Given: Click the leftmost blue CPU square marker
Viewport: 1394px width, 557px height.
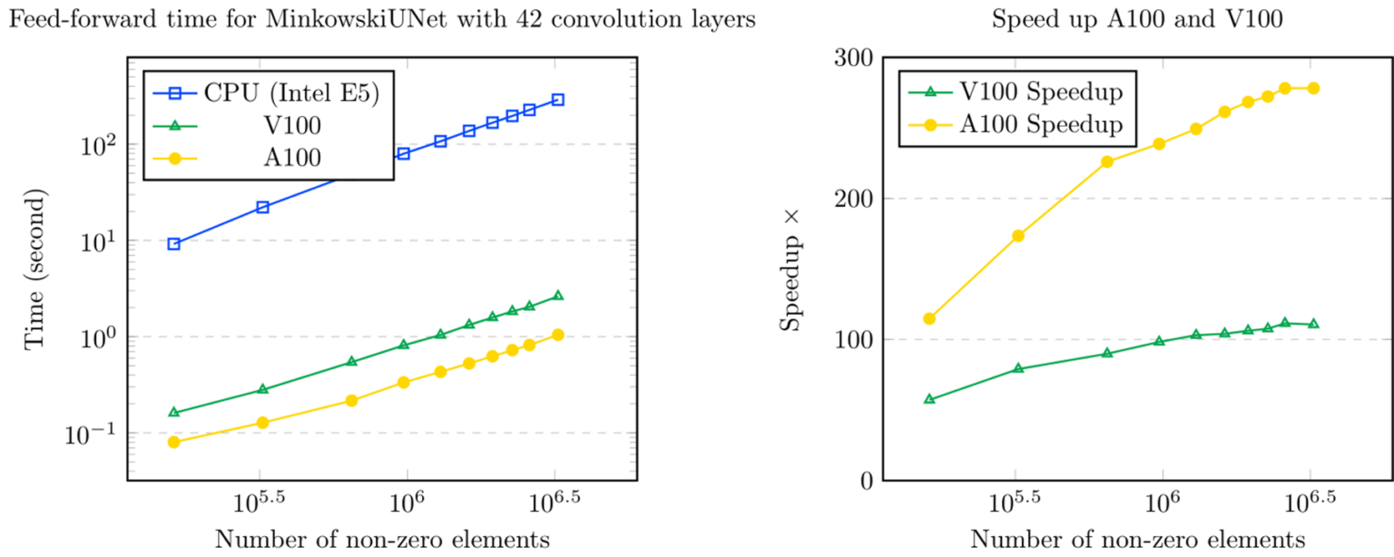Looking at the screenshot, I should coord(173,244).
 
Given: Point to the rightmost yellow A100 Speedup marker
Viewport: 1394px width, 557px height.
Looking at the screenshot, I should coord(1312,88).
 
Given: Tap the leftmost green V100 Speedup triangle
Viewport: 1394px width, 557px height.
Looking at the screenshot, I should coord(929,399).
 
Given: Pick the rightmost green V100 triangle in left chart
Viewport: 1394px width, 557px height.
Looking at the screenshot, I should coord(557,296).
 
